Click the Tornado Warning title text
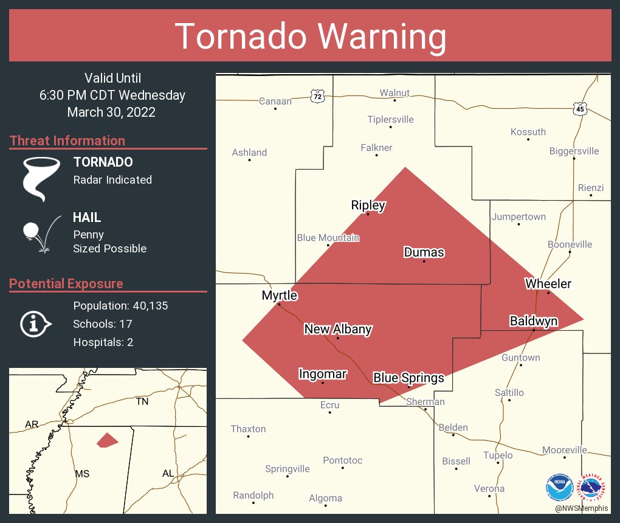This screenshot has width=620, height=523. click(x=310, y=36)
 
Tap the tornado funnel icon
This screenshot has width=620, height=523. click(x=41, y=179)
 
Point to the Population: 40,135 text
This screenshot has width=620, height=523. click(x=120, y=305)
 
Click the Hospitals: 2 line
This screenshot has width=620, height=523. click(x=103, y=342)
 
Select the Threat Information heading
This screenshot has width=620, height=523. click(x=67, y=140)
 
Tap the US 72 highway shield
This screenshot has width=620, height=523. click(x=317, y=96)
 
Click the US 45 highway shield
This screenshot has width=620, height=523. click(x=580, y=109)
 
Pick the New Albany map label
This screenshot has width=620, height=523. click(x=337, y=329)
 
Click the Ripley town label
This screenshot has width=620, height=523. click(x=368, y=205)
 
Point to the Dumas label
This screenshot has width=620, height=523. click(x=424, y=252)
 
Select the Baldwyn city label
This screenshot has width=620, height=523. click(x=533, y=320)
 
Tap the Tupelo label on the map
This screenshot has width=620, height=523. click(x=497, y=455)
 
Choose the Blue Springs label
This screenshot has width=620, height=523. click(x=408, y=378)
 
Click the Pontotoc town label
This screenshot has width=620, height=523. click(x=342, y=460)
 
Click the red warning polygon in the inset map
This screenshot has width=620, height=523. click(x=108, y=440)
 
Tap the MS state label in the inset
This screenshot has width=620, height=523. click(x=81, y=473)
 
